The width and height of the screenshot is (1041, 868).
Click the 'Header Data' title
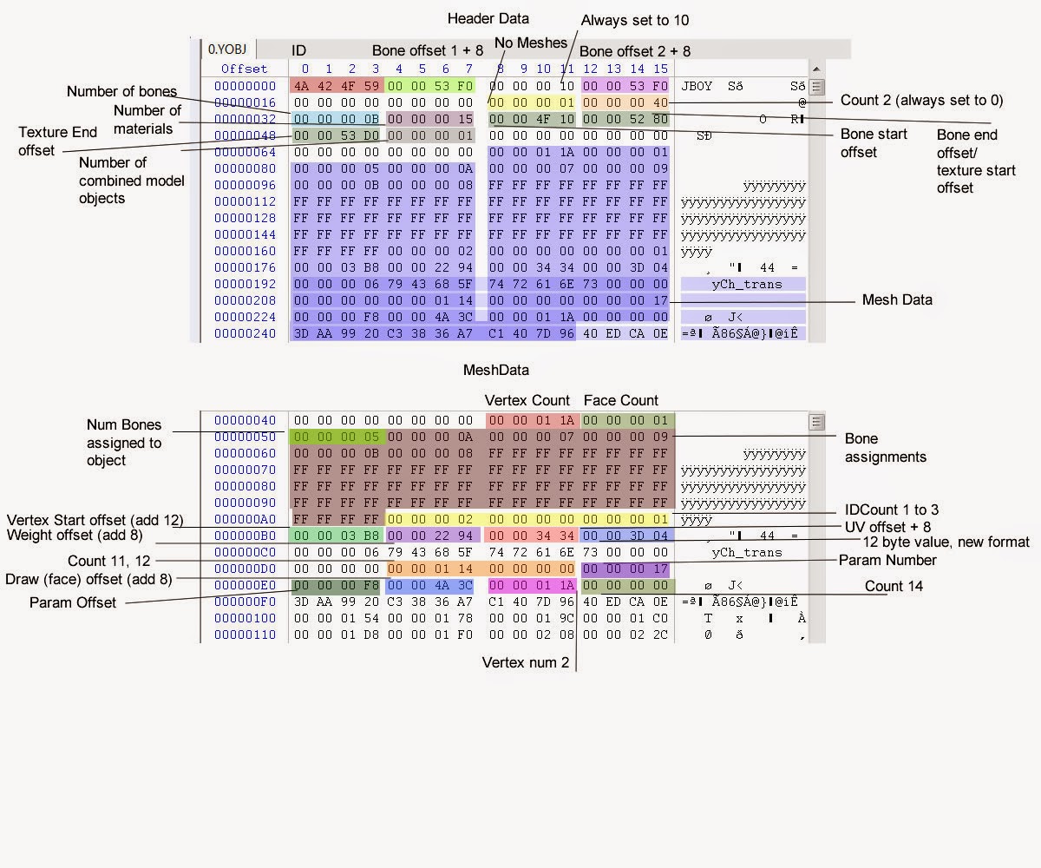pyautogui.click(x=488, y=18)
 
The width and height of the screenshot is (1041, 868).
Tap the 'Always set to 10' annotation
pyautogui.click(x=635, y=20)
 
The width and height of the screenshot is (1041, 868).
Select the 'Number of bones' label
pyautogui.click(x=121, y=91)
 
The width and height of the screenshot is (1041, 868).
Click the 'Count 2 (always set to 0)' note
pyautogui.click(x=921, y=100)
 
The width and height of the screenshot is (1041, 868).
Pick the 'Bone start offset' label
pyautogui.click(x=874, y=143)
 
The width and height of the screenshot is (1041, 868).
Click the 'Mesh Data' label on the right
pyautogui.click(x=897, y=299)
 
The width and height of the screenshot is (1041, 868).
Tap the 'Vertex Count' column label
pyautogui.click(x=527, y=400)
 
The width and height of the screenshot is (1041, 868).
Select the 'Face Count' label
pyautogui.click(x=620, y=400)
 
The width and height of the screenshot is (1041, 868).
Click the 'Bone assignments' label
pyautogui.click(x=885, y=447)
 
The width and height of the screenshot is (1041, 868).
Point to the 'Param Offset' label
pyautogui.click(x=73, y=602)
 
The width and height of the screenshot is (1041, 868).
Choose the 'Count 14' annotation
pyautogui.click(x=894, y=586)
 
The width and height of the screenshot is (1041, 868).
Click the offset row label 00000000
pyautogui.click(x=245, y=86)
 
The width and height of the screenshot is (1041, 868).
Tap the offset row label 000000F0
pyautogui.click(x=245, y=602)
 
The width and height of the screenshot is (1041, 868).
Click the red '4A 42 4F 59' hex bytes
pyautogui.click(x=335, y=86)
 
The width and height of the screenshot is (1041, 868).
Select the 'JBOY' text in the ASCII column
pyautogui.click(x=697, y=86)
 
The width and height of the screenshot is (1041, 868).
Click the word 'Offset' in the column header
pyautogui.click(x=244, y=69)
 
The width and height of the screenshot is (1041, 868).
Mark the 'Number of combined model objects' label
pyautogui.click(x=113, y=180)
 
